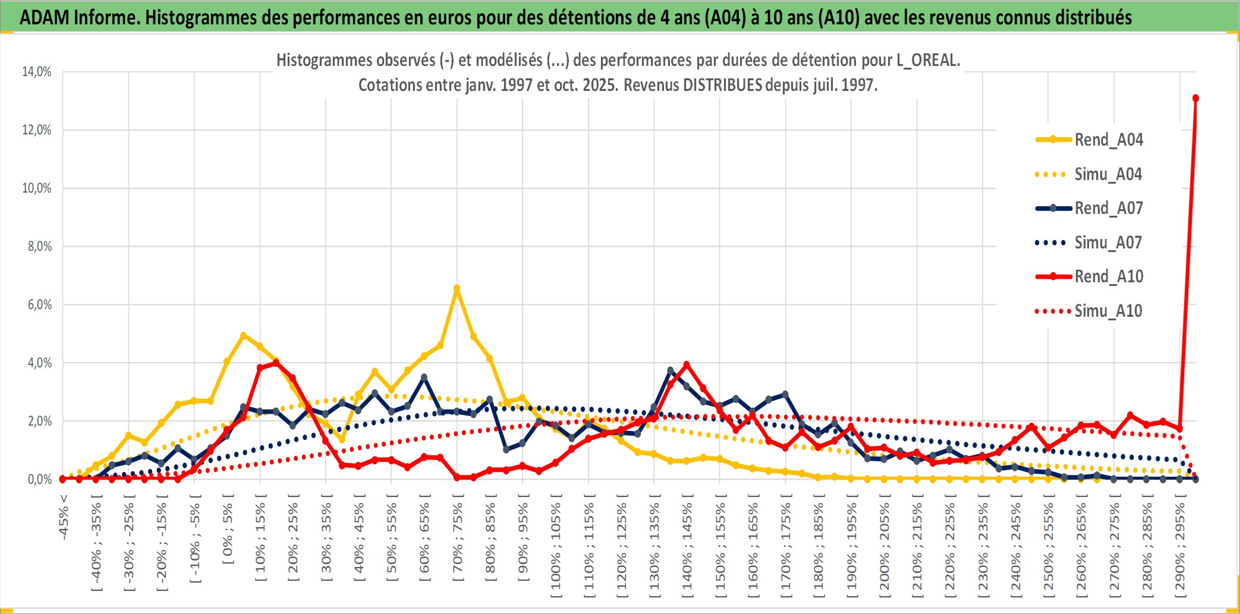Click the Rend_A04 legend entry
[x=1108, y=140]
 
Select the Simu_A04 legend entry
[x=1108, y=174]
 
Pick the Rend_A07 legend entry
[x=1108, y=208]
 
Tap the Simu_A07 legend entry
[x=1108, y=243]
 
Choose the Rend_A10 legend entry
[x=1108, y=276]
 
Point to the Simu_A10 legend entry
[x=1108, y=311]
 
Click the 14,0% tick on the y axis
[x=37, y=72]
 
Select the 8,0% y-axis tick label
[x=39, y=247]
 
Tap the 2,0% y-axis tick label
[x=39, y=421]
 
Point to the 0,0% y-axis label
[x=39, y=480]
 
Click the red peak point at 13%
[x=1195, y=98]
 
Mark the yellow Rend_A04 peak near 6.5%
[x=457, y=288]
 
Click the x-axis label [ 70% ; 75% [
[x=457, y=541]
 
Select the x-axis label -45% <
[x=64, y=517]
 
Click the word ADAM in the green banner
[x=44, y=18]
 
